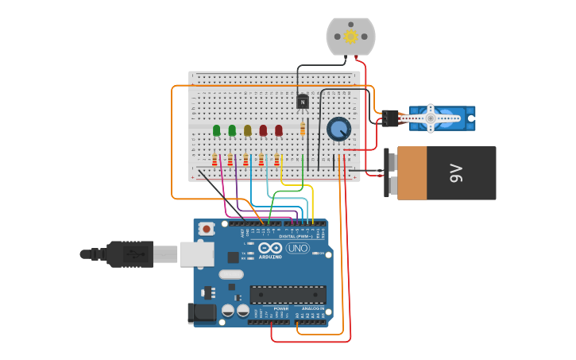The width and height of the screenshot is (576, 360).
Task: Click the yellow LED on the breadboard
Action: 247,130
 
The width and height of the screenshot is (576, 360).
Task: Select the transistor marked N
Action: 302,101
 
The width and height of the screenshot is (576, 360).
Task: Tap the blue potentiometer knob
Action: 339,129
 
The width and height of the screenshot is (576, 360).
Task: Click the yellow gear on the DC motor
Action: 350,36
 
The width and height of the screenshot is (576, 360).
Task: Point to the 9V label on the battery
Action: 456,172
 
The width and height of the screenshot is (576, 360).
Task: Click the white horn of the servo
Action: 430,118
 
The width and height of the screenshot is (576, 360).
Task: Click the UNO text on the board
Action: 298,249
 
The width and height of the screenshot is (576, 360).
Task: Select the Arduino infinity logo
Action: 270,248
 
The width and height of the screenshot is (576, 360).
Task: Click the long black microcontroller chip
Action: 288,295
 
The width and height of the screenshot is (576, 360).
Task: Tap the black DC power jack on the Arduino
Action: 202,312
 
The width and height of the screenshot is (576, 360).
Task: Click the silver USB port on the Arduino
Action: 197,254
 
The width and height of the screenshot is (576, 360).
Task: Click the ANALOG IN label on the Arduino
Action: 313,308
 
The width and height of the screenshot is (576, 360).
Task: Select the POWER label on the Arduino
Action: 270,308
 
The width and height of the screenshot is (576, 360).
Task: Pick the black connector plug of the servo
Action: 389,118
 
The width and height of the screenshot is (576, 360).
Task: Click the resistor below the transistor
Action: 303,129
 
